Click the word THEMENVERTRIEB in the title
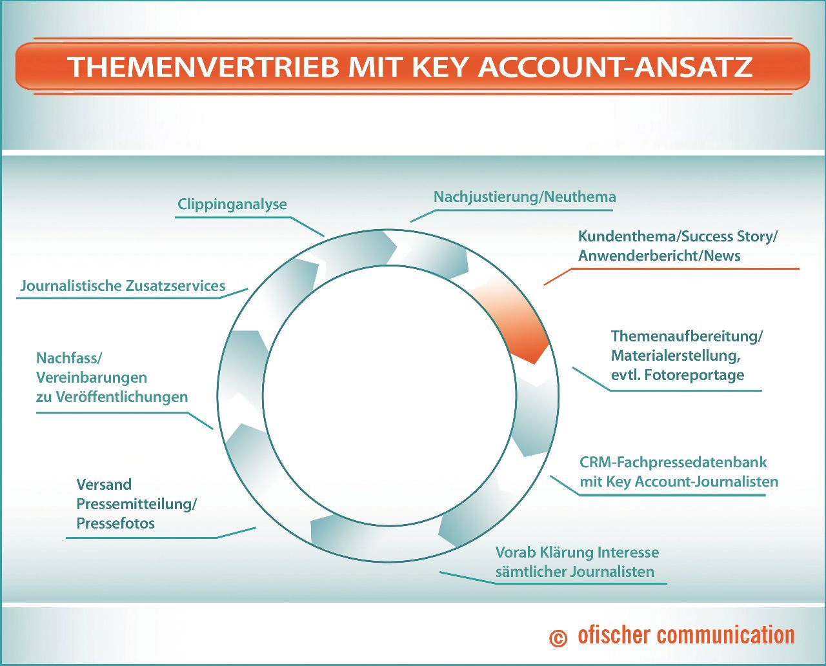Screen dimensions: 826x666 pos(203,66)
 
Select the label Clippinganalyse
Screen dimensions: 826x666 pos(232,204)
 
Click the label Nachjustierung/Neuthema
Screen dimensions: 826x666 pos(524,197)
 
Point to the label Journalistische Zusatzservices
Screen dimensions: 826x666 pos(123,286)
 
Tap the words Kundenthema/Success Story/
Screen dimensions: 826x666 pos(677,236)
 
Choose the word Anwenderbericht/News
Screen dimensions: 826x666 pos(659,256)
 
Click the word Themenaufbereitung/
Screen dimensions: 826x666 pos(687,336)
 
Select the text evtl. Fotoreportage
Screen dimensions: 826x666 pos(678,375)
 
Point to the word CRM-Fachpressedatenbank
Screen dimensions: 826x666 pos(673,462)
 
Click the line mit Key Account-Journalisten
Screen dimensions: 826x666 pos(679,481)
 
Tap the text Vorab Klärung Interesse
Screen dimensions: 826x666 pos(577,552)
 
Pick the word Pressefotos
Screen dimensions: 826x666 pos(116,523)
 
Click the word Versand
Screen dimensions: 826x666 pos(104,485)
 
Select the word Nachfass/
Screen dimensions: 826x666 pos(69,358)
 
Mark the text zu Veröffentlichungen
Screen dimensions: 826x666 pos(112,397)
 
